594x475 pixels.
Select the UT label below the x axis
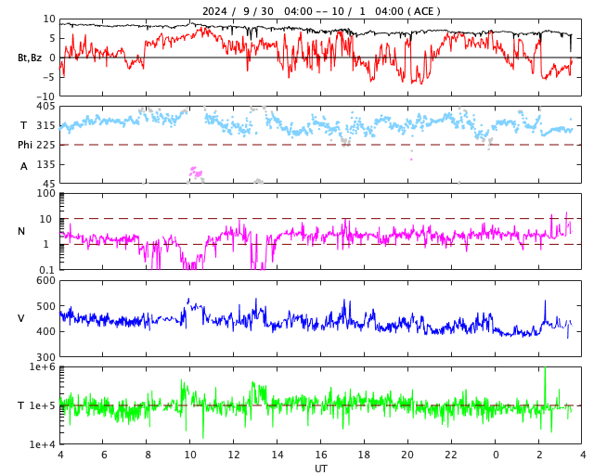320,469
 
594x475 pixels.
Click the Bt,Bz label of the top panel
30,58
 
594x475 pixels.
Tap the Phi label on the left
25,145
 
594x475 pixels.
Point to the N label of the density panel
21,231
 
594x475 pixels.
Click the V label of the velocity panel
21,318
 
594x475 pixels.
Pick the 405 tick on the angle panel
45,107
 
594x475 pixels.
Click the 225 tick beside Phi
45,145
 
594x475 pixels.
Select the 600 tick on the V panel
45,281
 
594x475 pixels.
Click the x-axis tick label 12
234,456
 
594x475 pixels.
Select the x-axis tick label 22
451,456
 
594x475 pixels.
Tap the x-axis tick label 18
364,456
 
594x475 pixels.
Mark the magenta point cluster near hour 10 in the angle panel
195,173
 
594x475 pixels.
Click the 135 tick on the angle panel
45,164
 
